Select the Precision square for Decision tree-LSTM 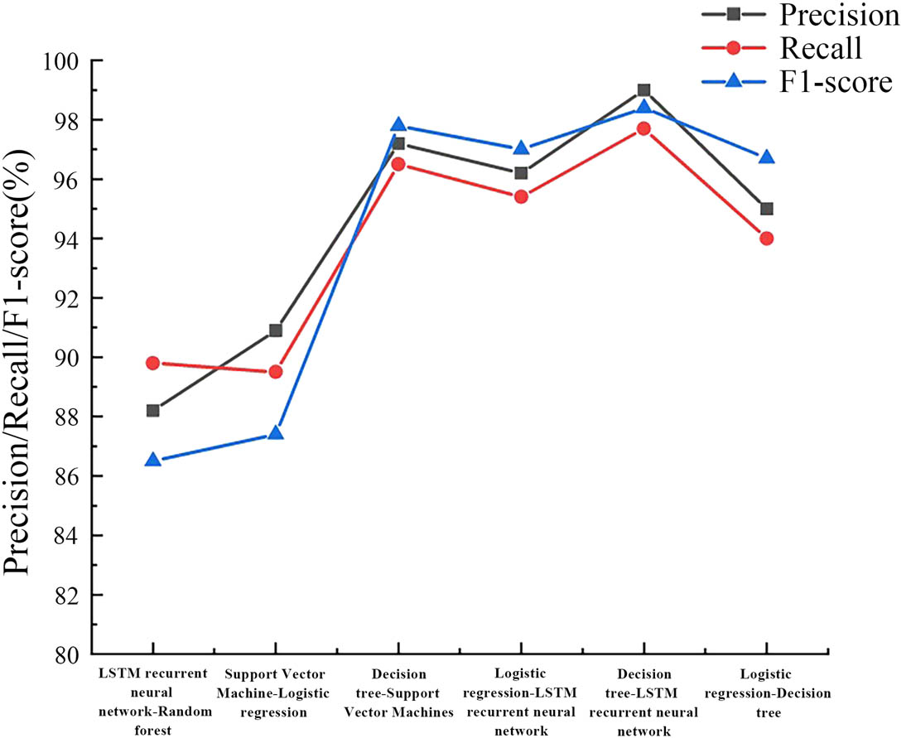[643, 90]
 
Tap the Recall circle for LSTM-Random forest [152, 363]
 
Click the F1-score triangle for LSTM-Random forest [152, 460]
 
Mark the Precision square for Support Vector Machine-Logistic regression [276, 330]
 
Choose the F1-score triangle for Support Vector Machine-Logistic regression [276, 433]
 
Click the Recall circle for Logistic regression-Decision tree [766, 239]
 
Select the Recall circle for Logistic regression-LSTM [521, 197]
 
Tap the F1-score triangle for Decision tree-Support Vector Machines [398, 125]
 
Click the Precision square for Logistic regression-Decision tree [766, 209]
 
